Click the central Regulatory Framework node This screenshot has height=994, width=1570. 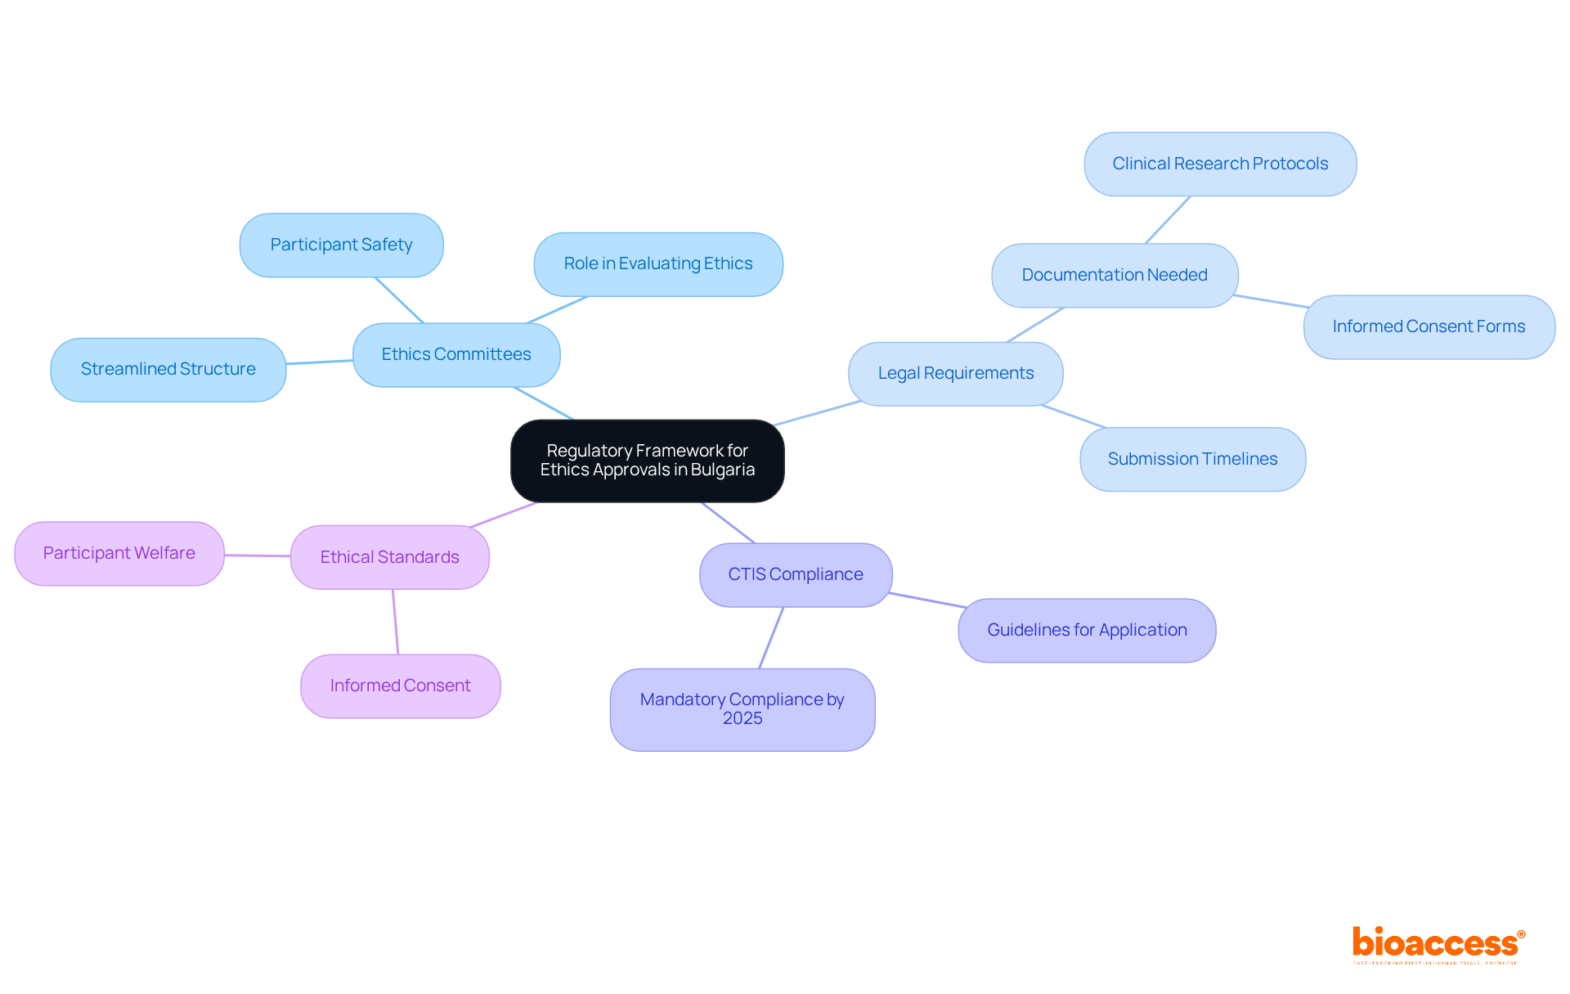pos(647,461)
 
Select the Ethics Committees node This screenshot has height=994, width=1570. pos(456,354)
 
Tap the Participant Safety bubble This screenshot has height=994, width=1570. pos(341,245)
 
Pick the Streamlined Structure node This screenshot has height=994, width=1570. pos(168,369)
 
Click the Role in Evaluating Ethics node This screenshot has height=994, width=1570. pos(658,263)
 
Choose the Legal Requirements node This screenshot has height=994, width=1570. pos(955,373)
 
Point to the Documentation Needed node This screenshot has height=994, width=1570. pos(1115,275)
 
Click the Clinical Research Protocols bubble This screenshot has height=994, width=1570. pos(1220,164)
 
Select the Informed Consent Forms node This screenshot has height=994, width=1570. pos(1429,326)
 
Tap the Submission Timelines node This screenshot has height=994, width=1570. pos(1192,459)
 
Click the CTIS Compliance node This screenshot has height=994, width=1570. pos(796,574)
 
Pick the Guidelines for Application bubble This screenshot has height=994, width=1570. pos(1087,630)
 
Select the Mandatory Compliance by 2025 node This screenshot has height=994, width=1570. pos(742,708)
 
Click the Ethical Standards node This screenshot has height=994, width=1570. pos(390,557)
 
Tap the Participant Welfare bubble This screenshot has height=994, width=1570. pos(119,553)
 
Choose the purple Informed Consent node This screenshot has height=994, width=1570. pos(400,686)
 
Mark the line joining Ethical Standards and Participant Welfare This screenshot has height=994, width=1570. pos(258,555)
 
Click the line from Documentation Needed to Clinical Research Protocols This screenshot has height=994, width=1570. pos(1168,219)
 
